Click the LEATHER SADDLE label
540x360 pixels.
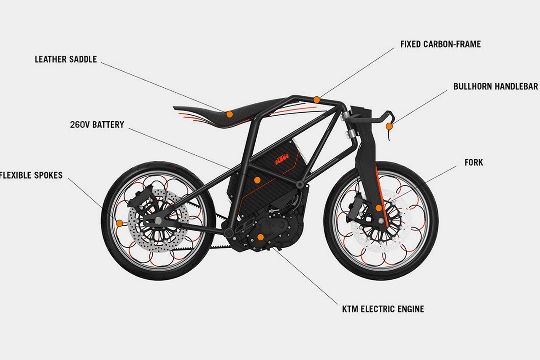65,60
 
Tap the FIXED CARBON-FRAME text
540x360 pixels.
440,44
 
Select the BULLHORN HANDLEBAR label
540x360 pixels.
495,87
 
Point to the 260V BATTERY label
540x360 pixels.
97,125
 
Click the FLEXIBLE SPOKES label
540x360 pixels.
31,175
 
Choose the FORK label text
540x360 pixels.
474,162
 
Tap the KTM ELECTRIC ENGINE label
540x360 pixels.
383,309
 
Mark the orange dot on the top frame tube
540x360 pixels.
316,100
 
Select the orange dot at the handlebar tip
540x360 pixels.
389,126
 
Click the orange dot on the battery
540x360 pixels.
257,180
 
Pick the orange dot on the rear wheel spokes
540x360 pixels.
119,223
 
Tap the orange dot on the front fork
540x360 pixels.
378,208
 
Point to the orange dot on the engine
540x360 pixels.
260,237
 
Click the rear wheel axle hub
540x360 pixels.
158,220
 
